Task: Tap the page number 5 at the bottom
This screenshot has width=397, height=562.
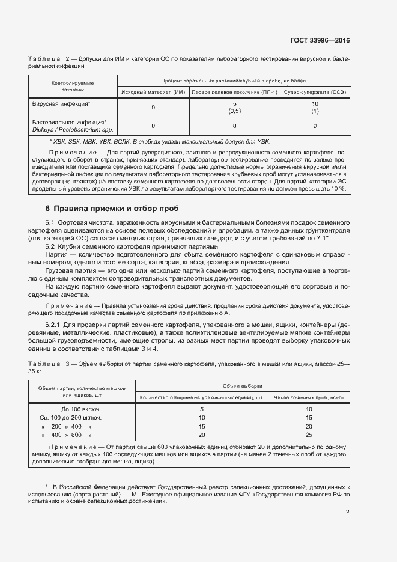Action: pos(347,511)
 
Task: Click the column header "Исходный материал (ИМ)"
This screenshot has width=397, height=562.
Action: pos(153,92)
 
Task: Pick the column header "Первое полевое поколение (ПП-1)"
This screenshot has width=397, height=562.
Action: pos(234,92)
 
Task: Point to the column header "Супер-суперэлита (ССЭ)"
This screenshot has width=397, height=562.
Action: pos(315,92)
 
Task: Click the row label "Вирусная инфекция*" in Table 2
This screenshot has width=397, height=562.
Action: pos(61,104)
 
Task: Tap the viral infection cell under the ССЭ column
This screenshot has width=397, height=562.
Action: pos(315,108)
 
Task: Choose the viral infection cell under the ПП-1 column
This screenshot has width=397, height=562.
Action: pos(234,108)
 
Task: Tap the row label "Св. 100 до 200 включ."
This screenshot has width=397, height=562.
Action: pos(70,417)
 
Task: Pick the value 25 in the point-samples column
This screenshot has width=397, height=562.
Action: pos(309,435)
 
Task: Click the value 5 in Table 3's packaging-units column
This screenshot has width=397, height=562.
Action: pos(202,409)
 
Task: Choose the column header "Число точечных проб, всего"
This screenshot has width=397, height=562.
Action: pos(309,397)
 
